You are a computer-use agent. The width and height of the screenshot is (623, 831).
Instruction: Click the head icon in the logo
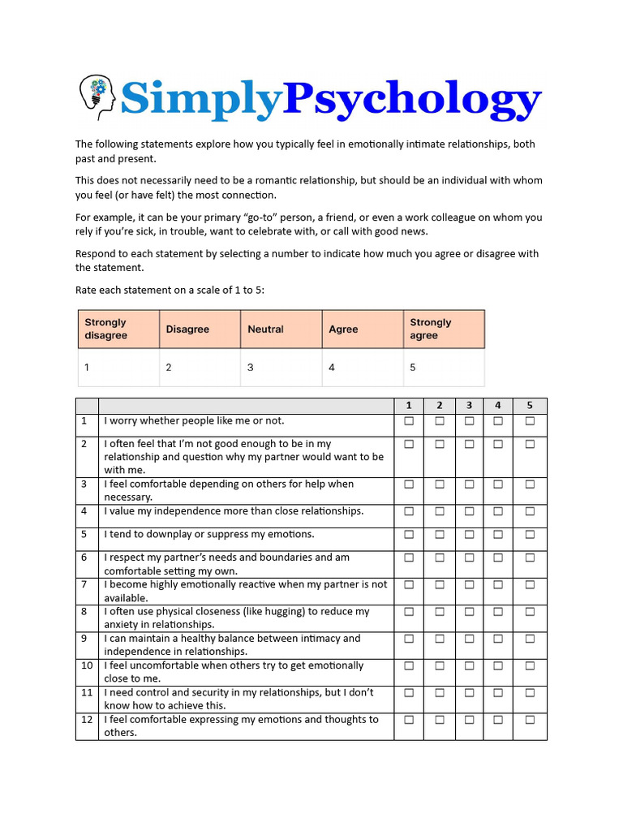[x=97, y=97]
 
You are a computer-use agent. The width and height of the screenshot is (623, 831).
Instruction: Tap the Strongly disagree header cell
[x=118, y=329]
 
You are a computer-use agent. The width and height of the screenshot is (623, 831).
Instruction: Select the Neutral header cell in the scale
[x=281, y=329]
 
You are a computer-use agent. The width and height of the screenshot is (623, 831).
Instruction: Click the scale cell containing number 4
[x=362, y=367]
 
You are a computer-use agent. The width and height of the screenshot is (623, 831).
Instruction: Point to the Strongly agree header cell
[x=443, y=329]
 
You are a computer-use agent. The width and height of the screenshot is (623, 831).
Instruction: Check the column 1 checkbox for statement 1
[x=409, y=421]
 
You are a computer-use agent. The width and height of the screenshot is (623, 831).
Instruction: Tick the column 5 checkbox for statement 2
[x=530, y=444]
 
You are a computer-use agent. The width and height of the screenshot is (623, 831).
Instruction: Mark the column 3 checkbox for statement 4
[x=469, y=511]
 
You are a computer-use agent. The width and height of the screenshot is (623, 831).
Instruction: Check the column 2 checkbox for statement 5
[x=439, y=534]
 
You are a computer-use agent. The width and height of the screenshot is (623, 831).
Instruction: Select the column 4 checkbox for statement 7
[x=498, y=584]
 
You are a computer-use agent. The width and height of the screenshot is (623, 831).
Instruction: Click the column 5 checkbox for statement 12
[x=530, y=719]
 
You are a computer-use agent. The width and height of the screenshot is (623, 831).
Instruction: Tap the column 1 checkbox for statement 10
[x=409, y=665]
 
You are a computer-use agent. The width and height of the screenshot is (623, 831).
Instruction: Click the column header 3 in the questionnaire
[x=469, y=406]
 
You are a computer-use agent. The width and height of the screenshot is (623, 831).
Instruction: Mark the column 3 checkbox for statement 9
[x=469, y=639]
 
